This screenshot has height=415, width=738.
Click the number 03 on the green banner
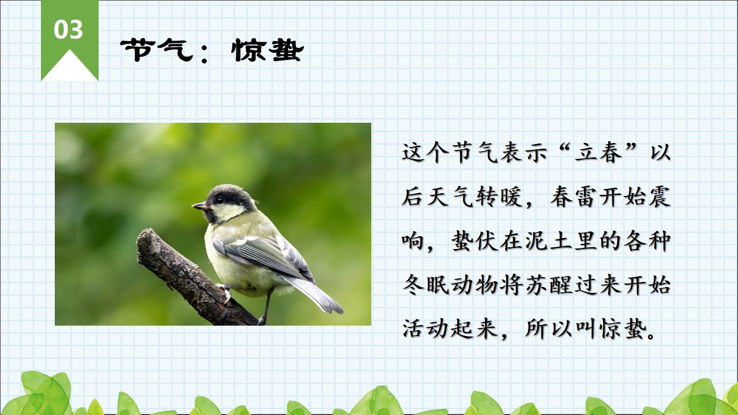(x=68, y=29)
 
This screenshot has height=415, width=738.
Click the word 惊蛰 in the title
(x=268, y=50)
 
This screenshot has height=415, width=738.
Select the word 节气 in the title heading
(x=156, y=50)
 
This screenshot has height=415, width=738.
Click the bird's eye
(x=220, y=199)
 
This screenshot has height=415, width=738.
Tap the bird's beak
(x=199, y=206)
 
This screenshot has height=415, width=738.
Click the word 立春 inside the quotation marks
(x=598, y=153)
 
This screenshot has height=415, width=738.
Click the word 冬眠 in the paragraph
(x=426, y=285)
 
